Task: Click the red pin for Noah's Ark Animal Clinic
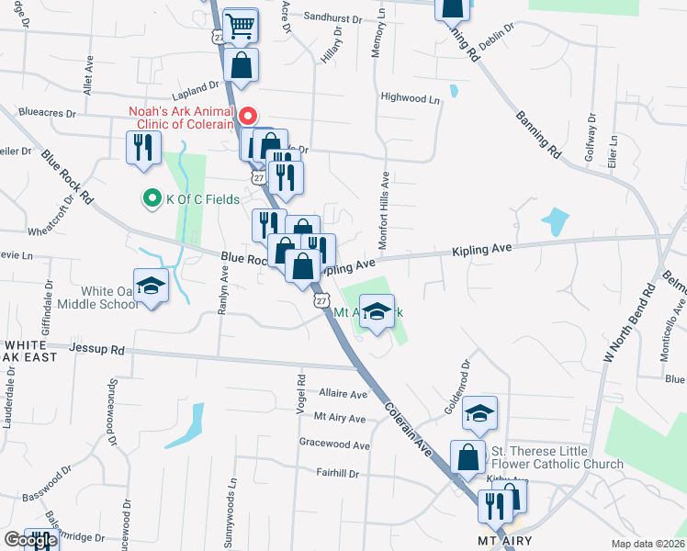246,118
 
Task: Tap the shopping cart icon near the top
240,26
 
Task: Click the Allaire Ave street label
343,393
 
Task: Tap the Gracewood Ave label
334,444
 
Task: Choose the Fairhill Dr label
337,473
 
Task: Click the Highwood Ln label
404,97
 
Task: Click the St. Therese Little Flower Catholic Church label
557,457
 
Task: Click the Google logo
29,540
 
